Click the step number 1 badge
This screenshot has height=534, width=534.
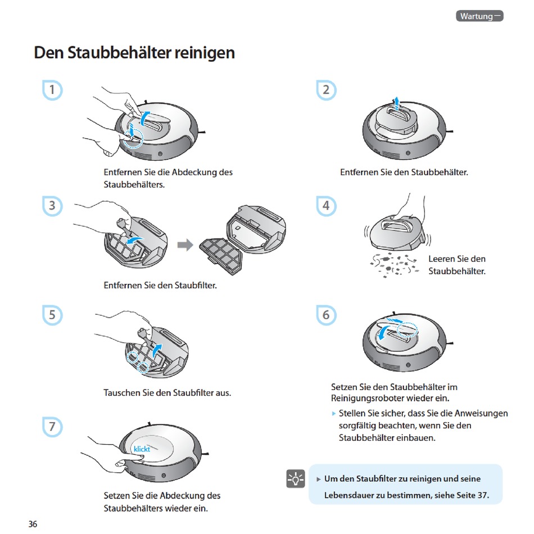(x=52, y=90)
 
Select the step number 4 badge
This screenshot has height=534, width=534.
(x=325, y=206)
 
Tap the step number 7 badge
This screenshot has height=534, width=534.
(x=52, y=427)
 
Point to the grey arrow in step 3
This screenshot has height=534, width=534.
(x=185, y=245)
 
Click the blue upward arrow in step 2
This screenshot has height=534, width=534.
(x=396, y=103)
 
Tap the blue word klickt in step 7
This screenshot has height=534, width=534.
(x=142, y=449)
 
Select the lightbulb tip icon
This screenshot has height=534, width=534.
(x=295, y=479)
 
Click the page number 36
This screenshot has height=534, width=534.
(x=33, y=524)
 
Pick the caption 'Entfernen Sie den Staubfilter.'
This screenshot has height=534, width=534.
(x=160, y=286)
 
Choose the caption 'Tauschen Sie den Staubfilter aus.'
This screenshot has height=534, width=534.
(x=167, y=392)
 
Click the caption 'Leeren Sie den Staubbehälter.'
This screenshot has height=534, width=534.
(x=456, y=265)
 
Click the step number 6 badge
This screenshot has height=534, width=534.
(x=325, y=315)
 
